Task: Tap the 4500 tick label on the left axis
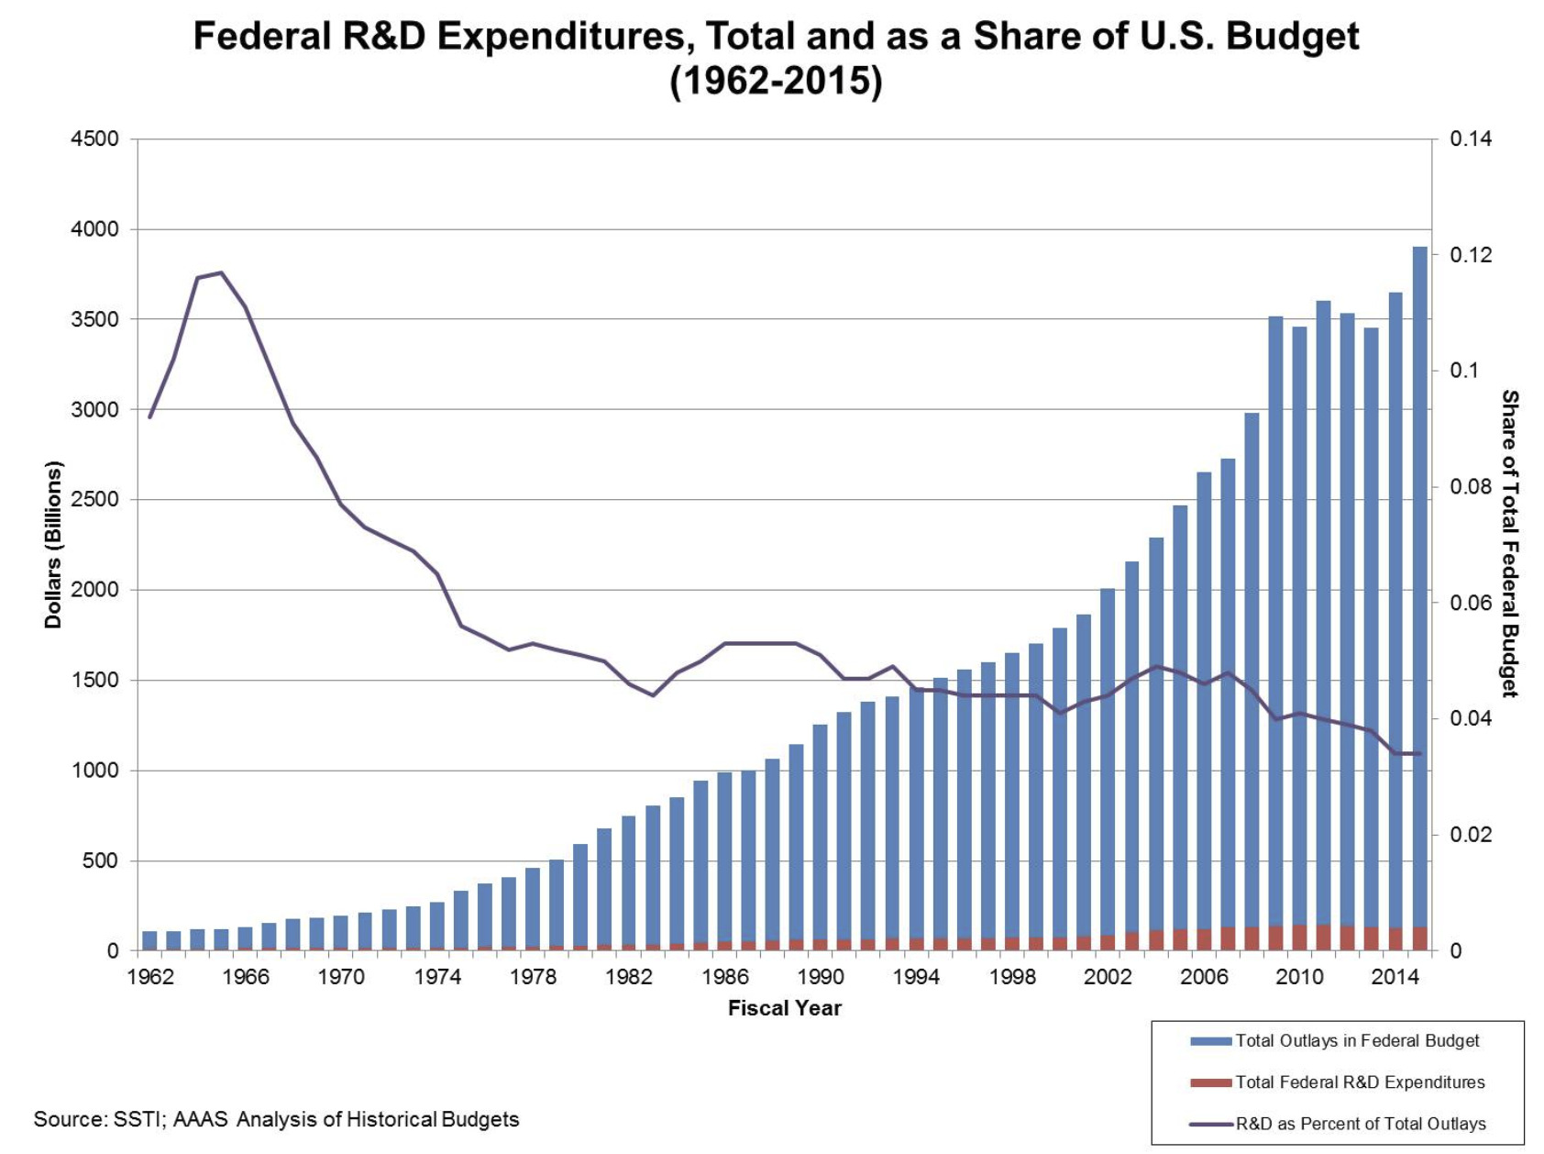pyautogui.click(x=94, y=139)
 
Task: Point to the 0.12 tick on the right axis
pyautogui.click(x=1471, y=255)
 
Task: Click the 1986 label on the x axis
pyautogui.click(x=724, y=977)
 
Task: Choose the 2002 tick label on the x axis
pyautogui.click(x=1108, y=977)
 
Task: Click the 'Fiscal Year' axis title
pyautogui.click(x=784, y=1008)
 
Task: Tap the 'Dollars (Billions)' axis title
pyautogui.click(x=53, y=544)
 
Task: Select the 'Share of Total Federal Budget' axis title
pyautogui.click(x=1509, y=544)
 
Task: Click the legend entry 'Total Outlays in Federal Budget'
pyautogui.click(x=1356, y=1041)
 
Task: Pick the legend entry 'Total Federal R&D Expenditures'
pyautogui.click(x=1359, y=1082)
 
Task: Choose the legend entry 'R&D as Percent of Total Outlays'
pyautogui.click(x=1360, y=1124)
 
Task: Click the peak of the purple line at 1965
pyautogui.click(x=221, y=272)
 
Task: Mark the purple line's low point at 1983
pyautogui.click(x=653, y=695)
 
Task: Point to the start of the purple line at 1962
pyautogui.click(x=149, y=417)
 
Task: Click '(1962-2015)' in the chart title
pyautogui.click(x=776, y=82)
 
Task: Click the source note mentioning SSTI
pyautogui.click(x=276, y=1119)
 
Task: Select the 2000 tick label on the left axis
pyautogui.click(x=94, y=590)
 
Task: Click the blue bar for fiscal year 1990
pyautogui.click(x=820, y=835)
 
